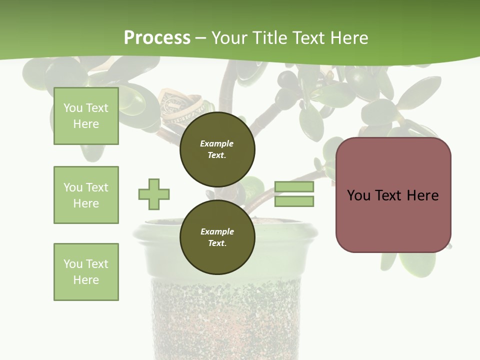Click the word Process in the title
(x=157, y=38)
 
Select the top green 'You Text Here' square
(x=86, y=116)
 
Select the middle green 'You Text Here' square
(x=86, y=195)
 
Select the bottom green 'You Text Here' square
(x=86, y=272)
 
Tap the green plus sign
(x=154, y=194)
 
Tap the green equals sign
(x=294, y=194)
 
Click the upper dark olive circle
(x=217, y=149)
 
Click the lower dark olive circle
(x=217, y=237)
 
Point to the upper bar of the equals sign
(x=294, y=187)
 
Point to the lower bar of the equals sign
(x=294, y=201)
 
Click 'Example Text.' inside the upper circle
(x=217, y=149)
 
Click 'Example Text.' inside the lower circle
(x=217, y=237)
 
